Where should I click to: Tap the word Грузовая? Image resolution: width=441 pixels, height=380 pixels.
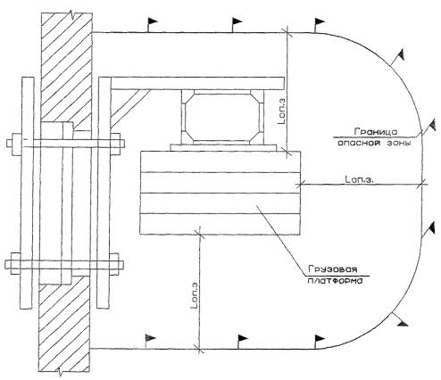[x=332, y=269]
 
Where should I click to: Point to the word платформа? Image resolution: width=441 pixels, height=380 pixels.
[x=335, y=281]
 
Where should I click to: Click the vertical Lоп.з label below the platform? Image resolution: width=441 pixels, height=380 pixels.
[x=194, y=295]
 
